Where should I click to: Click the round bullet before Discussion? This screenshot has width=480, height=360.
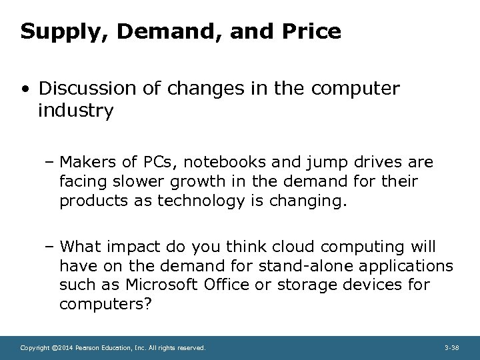pos(25,88)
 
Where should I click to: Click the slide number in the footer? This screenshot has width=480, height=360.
pos(451,347)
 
